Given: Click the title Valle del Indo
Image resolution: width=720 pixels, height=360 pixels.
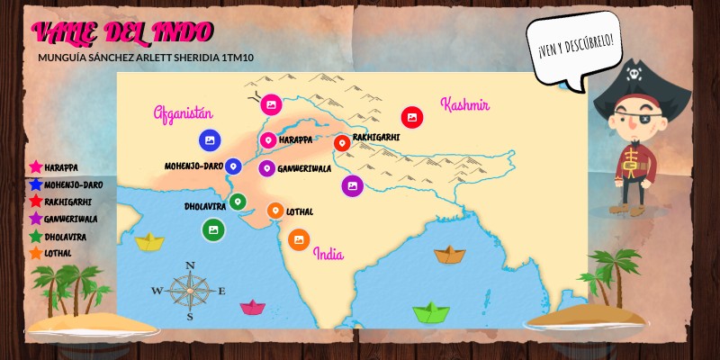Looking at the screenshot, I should tap(111, 32).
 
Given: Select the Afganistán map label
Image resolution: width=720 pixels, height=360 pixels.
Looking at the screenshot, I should tap(183, 113).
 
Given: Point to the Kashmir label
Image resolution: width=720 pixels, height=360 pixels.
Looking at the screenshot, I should tap(464, 104).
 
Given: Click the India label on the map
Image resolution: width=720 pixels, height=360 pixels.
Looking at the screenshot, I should tap(328, 254).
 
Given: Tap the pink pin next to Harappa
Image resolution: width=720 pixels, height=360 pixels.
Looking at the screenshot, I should tap(268, 140).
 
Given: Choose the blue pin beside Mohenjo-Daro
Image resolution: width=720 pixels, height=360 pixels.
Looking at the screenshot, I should tap(233, 166).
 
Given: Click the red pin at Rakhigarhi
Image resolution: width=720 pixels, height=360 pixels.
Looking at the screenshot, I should tap(341, 142).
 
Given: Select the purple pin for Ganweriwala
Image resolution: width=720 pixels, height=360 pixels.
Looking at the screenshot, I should tap(266, 167).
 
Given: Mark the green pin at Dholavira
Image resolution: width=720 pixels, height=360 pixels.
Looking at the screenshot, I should tap(238, 202).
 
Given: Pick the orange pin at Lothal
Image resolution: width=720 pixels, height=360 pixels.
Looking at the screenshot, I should tap(276, 211).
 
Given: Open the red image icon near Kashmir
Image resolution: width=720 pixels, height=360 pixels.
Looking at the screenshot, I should tap(412, 116).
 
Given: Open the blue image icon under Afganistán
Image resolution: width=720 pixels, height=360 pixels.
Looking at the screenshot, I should tap(209, 140).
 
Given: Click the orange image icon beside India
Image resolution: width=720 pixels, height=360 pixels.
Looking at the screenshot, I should tap(299, 239).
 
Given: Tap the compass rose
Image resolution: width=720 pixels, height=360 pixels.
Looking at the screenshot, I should tap(190, 290).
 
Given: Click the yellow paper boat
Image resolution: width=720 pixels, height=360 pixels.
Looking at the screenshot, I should tap(148, 240).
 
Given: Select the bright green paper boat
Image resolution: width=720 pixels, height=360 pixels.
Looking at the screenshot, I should tap(431, 313).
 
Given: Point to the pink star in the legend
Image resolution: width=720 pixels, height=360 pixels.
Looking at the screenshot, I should tap(36, 166).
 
